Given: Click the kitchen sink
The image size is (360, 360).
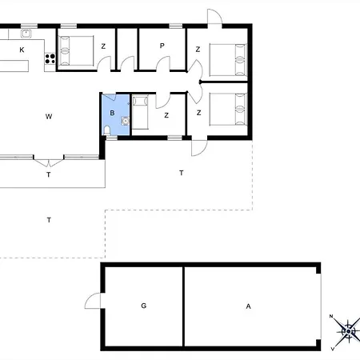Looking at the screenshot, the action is [26, 34].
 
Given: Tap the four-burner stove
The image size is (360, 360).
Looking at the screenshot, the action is [50, 58].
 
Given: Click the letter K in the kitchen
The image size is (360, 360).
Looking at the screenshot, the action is [22, 50].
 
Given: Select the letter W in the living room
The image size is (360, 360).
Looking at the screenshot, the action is [49, 117].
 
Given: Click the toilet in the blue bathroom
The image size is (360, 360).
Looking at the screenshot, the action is [107, 130].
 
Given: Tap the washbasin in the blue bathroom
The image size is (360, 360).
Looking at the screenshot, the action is [125, 121].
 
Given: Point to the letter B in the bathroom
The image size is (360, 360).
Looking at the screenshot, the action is [112, 113].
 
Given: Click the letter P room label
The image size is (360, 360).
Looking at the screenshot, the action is [162, 46].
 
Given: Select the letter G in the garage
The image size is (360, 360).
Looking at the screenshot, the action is [144, 306].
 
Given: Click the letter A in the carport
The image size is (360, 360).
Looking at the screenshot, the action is [248, 306].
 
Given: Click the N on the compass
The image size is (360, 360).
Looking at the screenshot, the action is [331, 317].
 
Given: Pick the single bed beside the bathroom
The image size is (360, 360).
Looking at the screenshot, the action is [140, 112].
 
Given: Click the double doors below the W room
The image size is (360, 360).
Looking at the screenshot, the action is [49, 162].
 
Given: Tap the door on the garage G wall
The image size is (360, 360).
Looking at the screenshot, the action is [93, 301].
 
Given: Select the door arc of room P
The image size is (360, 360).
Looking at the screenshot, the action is [163, 63].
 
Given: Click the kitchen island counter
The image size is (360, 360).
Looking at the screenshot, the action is [14, 66].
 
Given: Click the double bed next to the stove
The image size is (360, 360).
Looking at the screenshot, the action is [76, 50].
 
